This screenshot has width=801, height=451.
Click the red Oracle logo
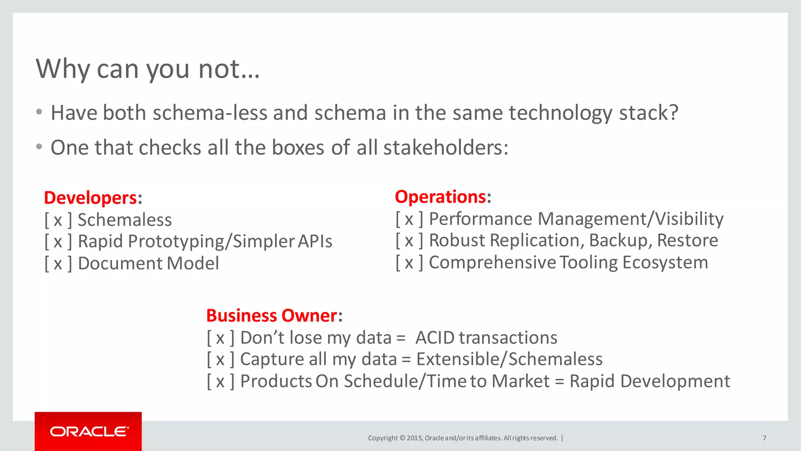coord(88,431)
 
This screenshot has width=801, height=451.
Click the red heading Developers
coord(90,198)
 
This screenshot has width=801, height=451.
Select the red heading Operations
coord(440,197)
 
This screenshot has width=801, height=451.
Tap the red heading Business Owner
coord(271,316)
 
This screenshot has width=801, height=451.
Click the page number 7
coord(764,438)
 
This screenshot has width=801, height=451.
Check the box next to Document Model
coord(58,263)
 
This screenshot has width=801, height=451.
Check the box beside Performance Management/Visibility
coord(409,219)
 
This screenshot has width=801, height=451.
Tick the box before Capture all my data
coord(220,359)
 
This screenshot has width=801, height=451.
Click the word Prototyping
coord(178,242)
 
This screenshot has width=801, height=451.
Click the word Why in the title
coord(63,69)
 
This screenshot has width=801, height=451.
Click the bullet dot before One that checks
coord(39,147)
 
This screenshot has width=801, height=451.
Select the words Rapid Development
coord(649,381)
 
